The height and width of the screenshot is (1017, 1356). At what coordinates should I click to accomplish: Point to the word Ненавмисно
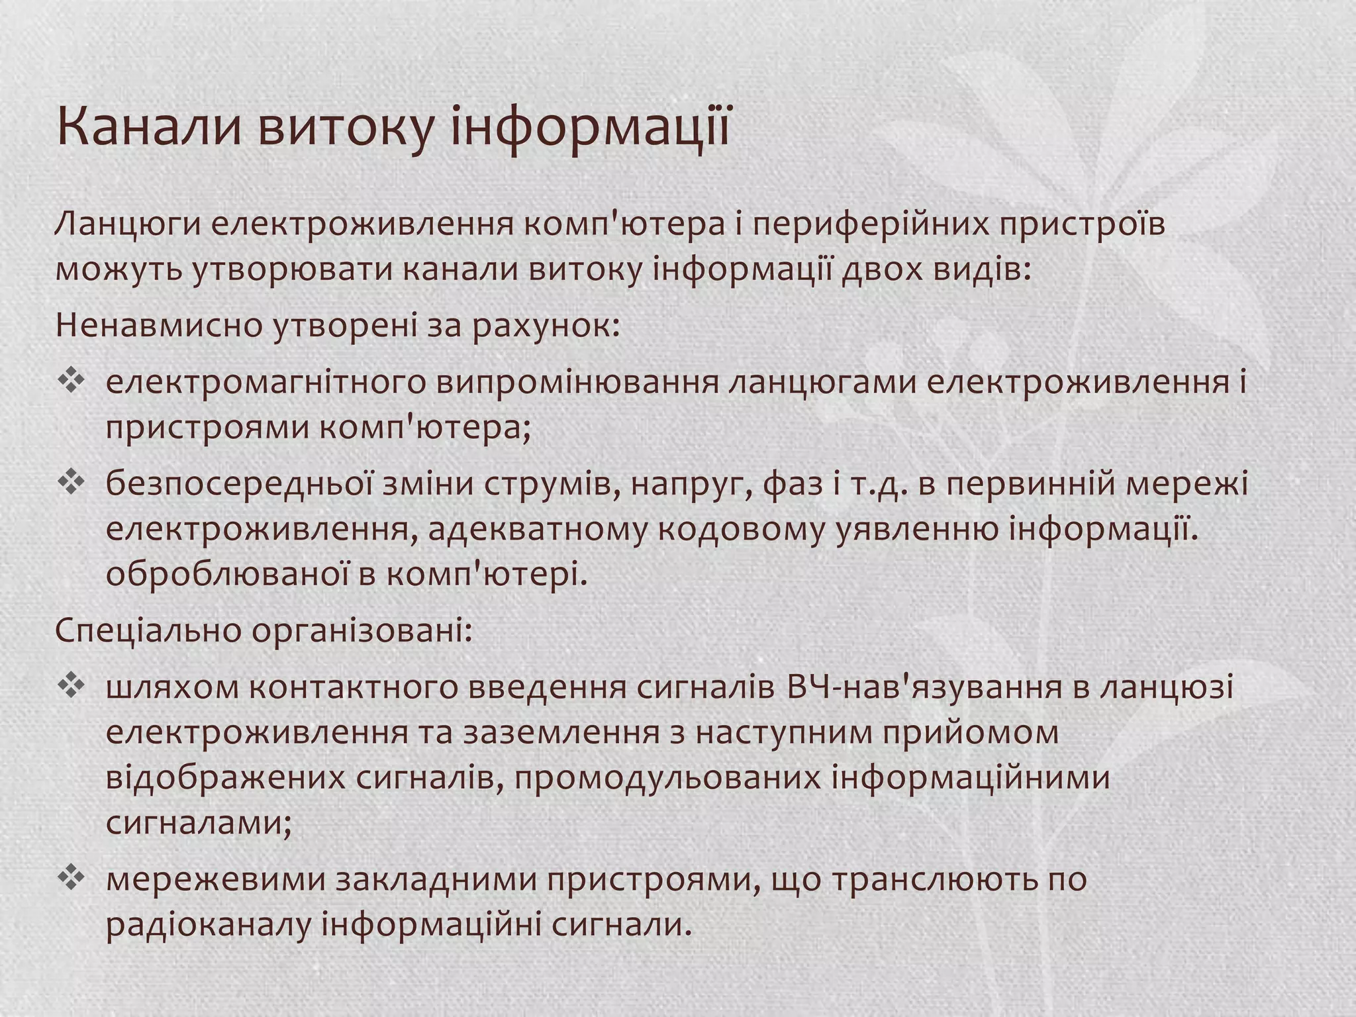(160, 326)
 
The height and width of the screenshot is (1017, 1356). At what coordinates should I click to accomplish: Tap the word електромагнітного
(265, 383)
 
